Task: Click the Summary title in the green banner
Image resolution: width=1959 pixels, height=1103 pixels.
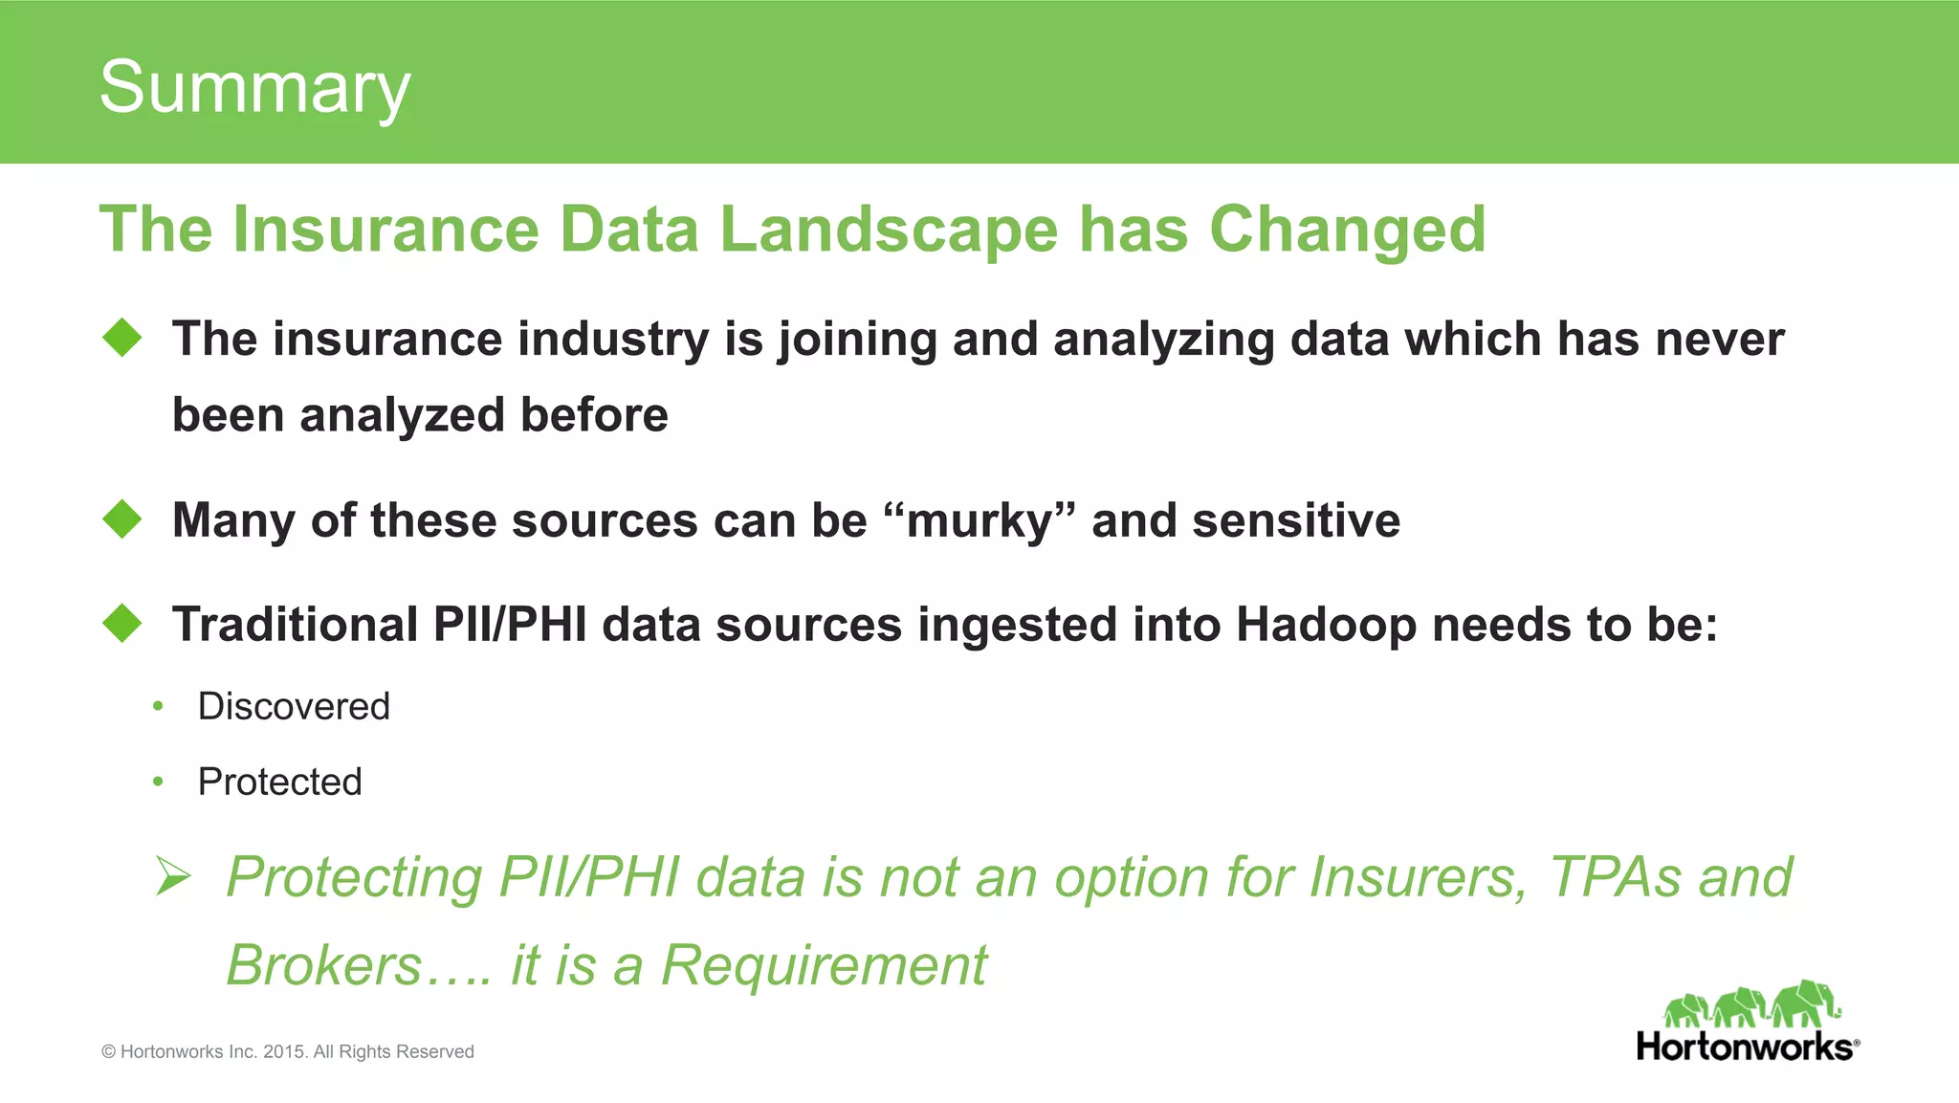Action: click(254, 87)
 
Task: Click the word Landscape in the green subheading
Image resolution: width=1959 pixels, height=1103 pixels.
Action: click(888, 231)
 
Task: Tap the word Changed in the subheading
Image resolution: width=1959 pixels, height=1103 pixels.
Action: click(1347, 231)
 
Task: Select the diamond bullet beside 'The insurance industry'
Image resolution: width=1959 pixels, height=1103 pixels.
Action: click(122, 338)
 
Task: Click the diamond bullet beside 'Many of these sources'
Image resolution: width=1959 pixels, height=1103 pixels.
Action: click(122, 519)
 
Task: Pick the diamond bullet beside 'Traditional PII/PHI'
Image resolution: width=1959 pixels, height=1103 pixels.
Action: click(122, 624)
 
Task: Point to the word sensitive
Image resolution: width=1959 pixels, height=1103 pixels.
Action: click(1296, 521)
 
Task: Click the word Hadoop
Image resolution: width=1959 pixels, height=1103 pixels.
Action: click(1326, 626)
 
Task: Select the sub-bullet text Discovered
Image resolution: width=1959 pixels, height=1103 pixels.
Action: click(294, 707)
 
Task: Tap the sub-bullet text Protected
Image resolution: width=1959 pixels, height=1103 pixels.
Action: click(279, 783)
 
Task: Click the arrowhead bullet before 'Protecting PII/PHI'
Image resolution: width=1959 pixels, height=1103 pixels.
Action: click(173, 877)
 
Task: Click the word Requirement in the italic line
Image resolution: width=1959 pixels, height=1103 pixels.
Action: click(824, 965)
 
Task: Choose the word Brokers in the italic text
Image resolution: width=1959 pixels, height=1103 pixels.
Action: click(323, 965)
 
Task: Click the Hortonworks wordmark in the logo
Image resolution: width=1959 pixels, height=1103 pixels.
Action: click(1745, 1047)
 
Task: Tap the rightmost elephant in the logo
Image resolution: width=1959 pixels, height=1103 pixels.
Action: click(1806, 1004)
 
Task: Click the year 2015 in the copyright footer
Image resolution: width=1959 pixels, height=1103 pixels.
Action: click(283, 1052)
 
